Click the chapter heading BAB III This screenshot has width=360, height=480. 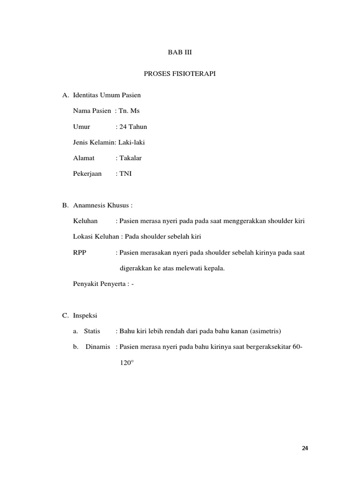tap(180, 53)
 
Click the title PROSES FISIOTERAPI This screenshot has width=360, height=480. tap(180, 74)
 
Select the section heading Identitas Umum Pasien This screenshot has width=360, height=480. tap(107, 95)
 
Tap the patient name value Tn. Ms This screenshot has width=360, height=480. tap(129, 111)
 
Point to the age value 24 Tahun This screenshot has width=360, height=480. tap(133, 127)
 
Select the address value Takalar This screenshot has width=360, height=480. tap(130, 158)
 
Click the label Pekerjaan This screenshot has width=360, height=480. tap(87, 174)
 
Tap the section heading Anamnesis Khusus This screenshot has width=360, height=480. tap(101, 205)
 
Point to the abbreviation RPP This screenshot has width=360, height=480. tap(80, 253)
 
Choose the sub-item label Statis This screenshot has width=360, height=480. tap(92, 331)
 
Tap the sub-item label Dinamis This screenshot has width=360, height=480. tap(97, 347)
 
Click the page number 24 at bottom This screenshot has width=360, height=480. tap(305, 449)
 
